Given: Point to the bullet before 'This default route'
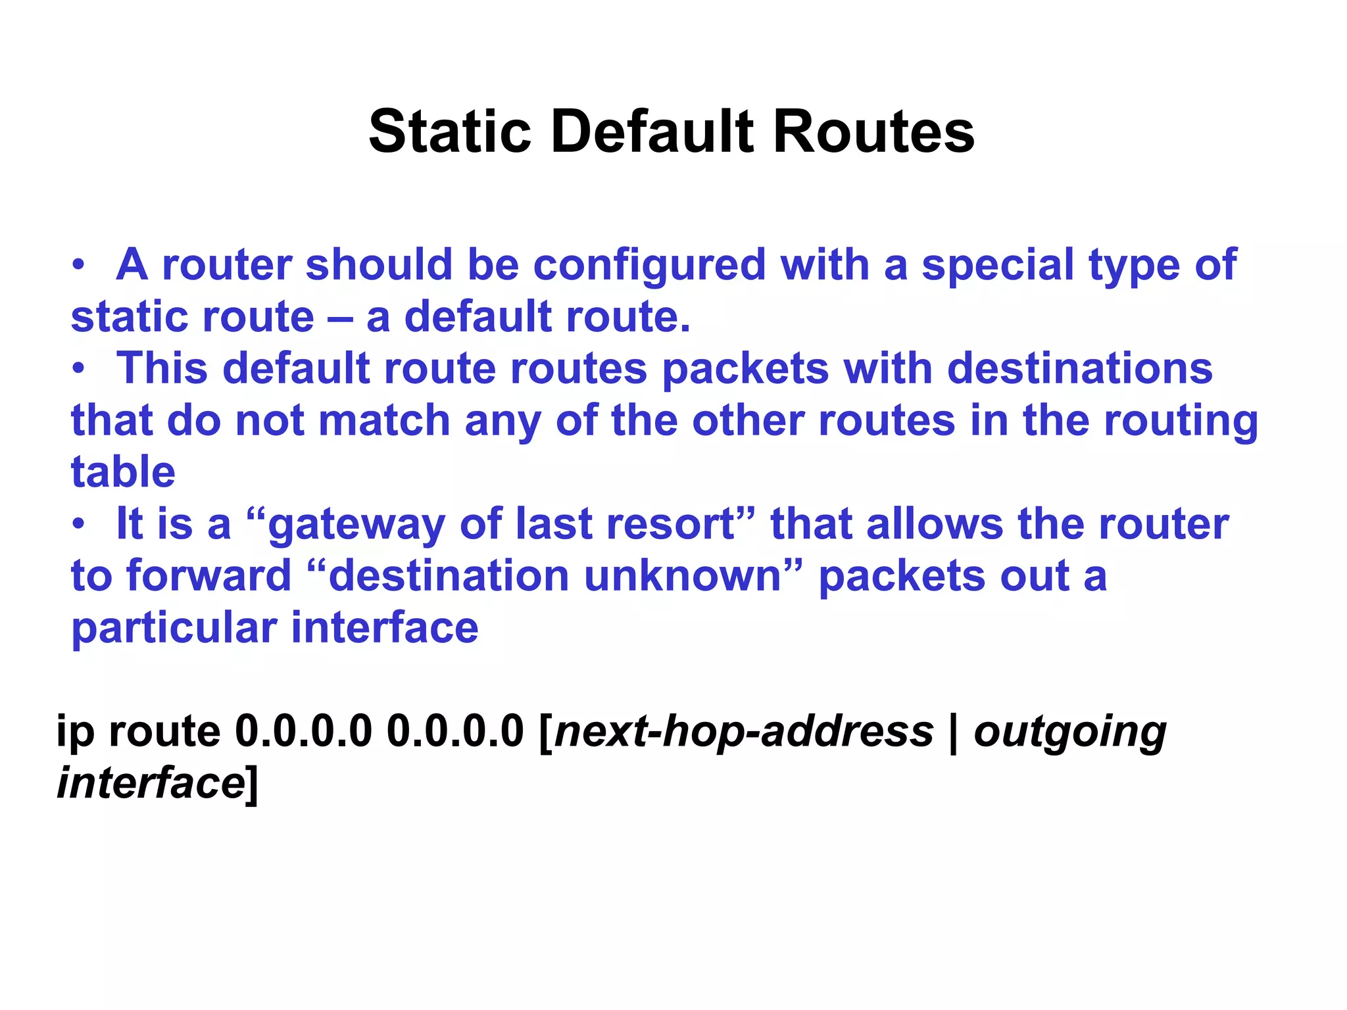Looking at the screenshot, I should point(79,370).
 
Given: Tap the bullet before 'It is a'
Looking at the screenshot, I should point(79,525).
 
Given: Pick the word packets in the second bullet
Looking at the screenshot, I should point(745,369).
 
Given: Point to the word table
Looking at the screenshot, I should point(123,471).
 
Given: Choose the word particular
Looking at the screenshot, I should point(174,628).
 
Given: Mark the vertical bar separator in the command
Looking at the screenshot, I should point(954,731).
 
